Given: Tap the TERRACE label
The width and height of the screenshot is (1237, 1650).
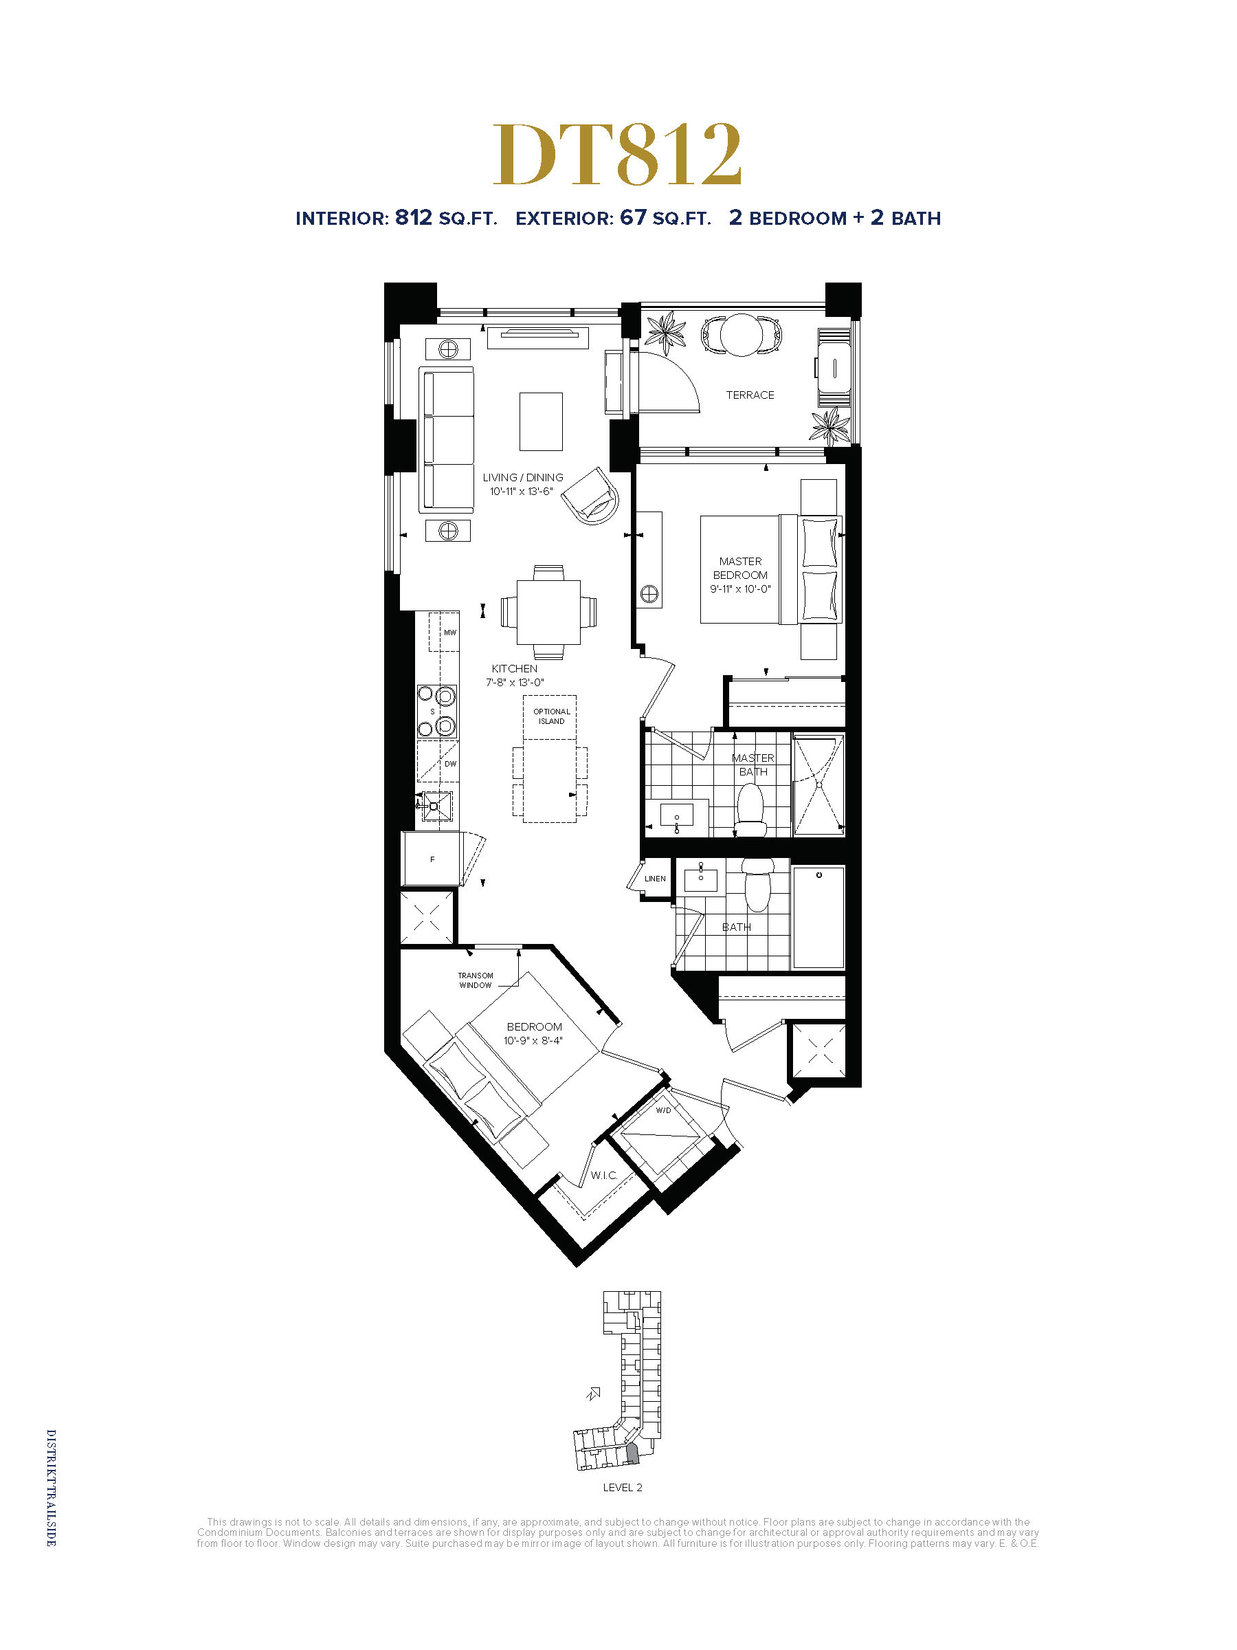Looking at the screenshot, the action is pyautogui.click(x=750, y=395).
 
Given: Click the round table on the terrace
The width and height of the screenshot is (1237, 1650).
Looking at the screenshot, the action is pyautogui.click(x=741, y=335).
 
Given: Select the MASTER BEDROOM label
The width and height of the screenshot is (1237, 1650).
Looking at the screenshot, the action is pyautogui.click(x=740, y=568).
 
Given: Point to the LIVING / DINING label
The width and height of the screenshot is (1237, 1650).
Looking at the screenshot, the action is pyautogui.click(x=523, y=477).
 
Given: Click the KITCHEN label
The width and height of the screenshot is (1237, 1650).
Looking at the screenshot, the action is pyautogui.click(x=515, y=668).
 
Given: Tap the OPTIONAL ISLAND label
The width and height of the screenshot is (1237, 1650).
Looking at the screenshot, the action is pyautogui.click(x=552, y=716).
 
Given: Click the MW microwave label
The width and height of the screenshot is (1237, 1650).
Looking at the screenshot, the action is pyautogui.click(x=449, y=632).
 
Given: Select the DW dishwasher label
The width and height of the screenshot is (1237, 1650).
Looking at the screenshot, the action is pyautogui.click(x=450, y=764).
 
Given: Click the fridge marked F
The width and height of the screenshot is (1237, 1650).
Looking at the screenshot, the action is pyautogui.click(x=431, y=859).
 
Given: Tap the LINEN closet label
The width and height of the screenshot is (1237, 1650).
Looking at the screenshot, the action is pyautogui.click(x=655, y=879).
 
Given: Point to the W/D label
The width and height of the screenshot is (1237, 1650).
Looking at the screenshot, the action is pyautogui.click(x=664, y=1110).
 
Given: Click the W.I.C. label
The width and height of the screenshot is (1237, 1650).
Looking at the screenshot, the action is pyautogui.click(x=604, y=1176).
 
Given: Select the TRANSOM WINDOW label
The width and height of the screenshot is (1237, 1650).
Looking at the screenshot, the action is pyautogui.click(x=476, y=980).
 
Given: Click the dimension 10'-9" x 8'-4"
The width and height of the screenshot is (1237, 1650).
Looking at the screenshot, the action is pyautogui.click(x=533, y=1041).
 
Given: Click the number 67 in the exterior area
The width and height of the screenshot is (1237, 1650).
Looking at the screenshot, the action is pyautogui.click(x=633, y=217).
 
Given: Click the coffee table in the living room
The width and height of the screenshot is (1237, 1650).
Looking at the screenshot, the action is pyautogui.click(x=541, y=421).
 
